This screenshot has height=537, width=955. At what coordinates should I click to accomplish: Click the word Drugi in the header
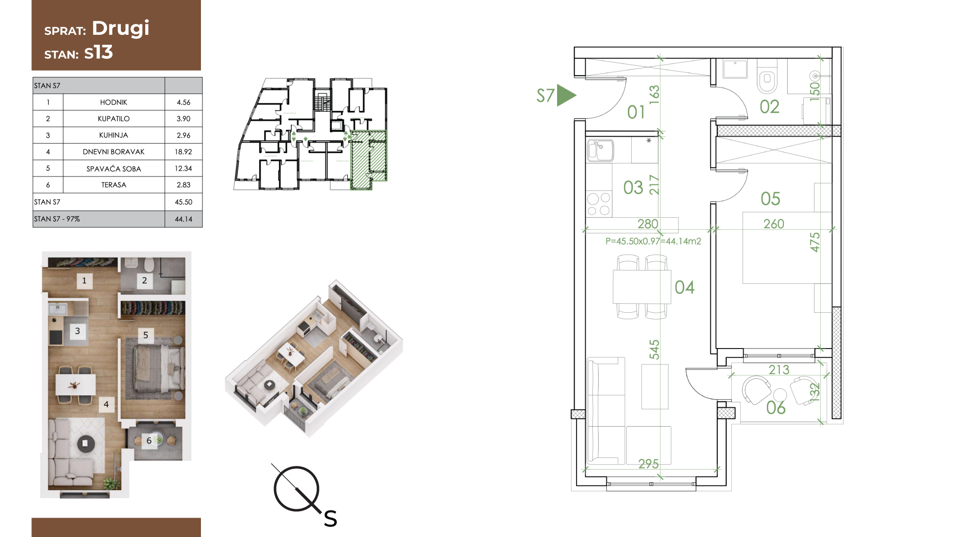tap(120, 28)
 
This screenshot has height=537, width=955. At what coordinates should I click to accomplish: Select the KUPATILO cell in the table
tap(113, 119)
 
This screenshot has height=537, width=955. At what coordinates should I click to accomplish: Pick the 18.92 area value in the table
tap(184, 152)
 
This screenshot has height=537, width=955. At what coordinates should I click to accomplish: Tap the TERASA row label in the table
tap(113, 185)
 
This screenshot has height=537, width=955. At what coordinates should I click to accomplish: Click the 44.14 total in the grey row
tap(184, 219)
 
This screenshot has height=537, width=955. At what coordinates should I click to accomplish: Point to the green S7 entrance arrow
tap(566, 95)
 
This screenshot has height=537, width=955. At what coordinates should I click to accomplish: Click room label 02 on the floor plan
tap(769, 107)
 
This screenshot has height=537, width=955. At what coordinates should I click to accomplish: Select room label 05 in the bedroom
tap(770, 199)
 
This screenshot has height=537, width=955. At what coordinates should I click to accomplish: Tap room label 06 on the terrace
tap(776, 408)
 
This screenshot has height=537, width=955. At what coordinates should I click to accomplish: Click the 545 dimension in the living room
tap(654, 350)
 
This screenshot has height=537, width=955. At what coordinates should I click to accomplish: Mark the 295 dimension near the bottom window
tap(649, 464)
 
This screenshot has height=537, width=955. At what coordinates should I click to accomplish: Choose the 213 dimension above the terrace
tap(779, 370)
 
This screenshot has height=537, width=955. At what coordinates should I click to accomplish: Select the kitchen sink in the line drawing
tap(600, 151)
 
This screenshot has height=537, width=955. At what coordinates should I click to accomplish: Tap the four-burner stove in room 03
tap(599, 204)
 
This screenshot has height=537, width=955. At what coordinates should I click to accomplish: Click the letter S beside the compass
tap(330, 519)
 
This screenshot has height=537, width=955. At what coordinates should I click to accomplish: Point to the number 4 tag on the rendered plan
tap(106, 405)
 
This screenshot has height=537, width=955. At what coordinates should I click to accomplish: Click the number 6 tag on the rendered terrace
tap(149, 441)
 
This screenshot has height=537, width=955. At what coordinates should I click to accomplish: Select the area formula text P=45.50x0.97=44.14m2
tap(653, 241)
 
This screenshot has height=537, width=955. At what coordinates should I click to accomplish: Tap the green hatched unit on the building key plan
tap(369, 160)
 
